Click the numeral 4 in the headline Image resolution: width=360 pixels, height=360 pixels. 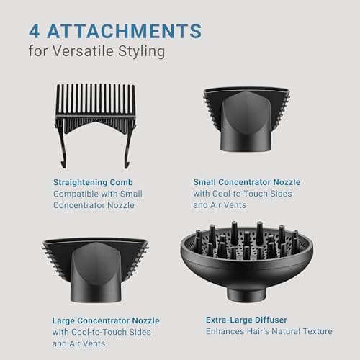[34, 31]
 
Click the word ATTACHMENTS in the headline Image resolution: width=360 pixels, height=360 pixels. [125, 31]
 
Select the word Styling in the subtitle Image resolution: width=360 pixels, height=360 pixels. [142, 51]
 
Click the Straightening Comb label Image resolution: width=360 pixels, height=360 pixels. [93, 182]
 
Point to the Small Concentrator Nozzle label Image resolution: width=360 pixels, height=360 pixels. [247, 182]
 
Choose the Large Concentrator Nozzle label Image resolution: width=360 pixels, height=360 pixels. [106, 320]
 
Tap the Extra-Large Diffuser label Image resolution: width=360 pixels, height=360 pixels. [246, 320]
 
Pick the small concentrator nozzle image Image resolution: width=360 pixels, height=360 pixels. [246, 120]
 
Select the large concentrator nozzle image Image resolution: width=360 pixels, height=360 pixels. [96, 270]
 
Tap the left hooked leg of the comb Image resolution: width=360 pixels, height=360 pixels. [61, 146]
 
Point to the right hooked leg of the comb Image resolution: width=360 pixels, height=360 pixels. [129, 146]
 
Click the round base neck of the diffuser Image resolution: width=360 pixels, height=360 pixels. [247, 294]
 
